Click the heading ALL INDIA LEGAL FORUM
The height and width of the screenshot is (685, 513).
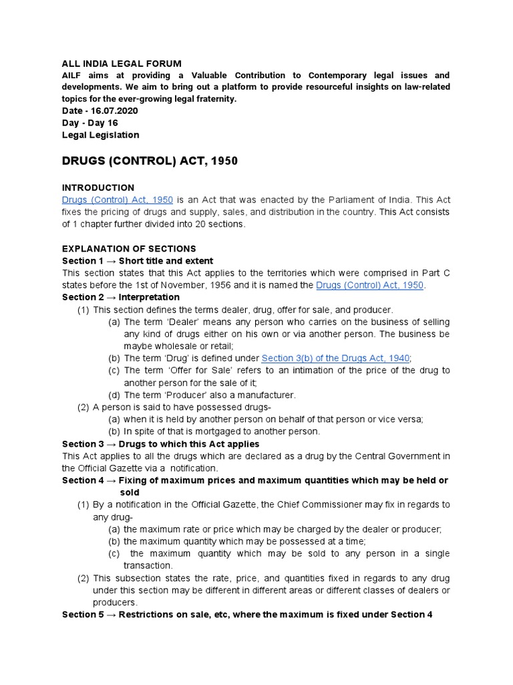pyautogui.click(x=122, y=63)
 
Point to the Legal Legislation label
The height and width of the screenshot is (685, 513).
pyautogui.click(x=100, y=134)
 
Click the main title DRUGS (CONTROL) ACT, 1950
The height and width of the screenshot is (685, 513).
pyautogui.click(x=150, y=161)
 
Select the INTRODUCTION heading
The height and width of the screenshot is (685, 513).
pyautogui.click(x=98, y=187)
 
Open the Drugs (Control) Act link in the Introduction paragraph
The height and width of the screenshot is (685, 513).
pyautogui.click(x=118, y=199)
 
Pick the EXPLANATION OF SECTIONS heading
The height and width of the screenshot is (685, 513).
pyautogui.click(x=129, y=248)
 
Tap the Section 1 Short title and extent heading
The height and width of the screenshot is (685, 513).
pyautogui.click(x=138, y=260)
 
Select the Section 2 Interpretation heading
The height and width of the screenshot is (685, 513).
pyautogui.click(x=121, y=297)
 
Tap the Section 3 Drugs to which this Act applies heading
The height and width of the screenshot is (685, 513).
pyautogui.click(x=160, y=444)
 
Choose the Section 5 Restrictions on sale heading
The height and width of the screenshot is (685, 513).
pyautogui.click(x=247, y=614)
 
